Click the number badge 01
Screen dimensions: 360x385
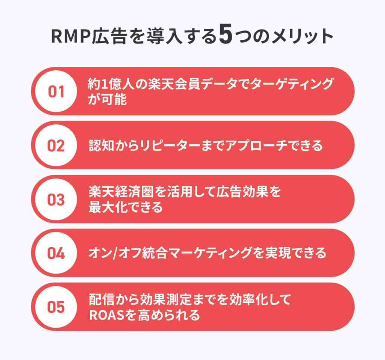tap(56, 91)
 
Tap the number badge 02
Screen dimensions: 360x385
tap(56, 145)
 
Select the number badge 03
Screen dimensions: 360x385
tap(56, 200)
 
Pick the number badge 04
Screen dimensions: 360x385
tap(56, 253)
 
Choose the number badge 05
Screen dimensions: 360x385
tap(56, 307)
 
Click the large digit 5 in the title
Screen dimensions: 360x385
tap(225, 38)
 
